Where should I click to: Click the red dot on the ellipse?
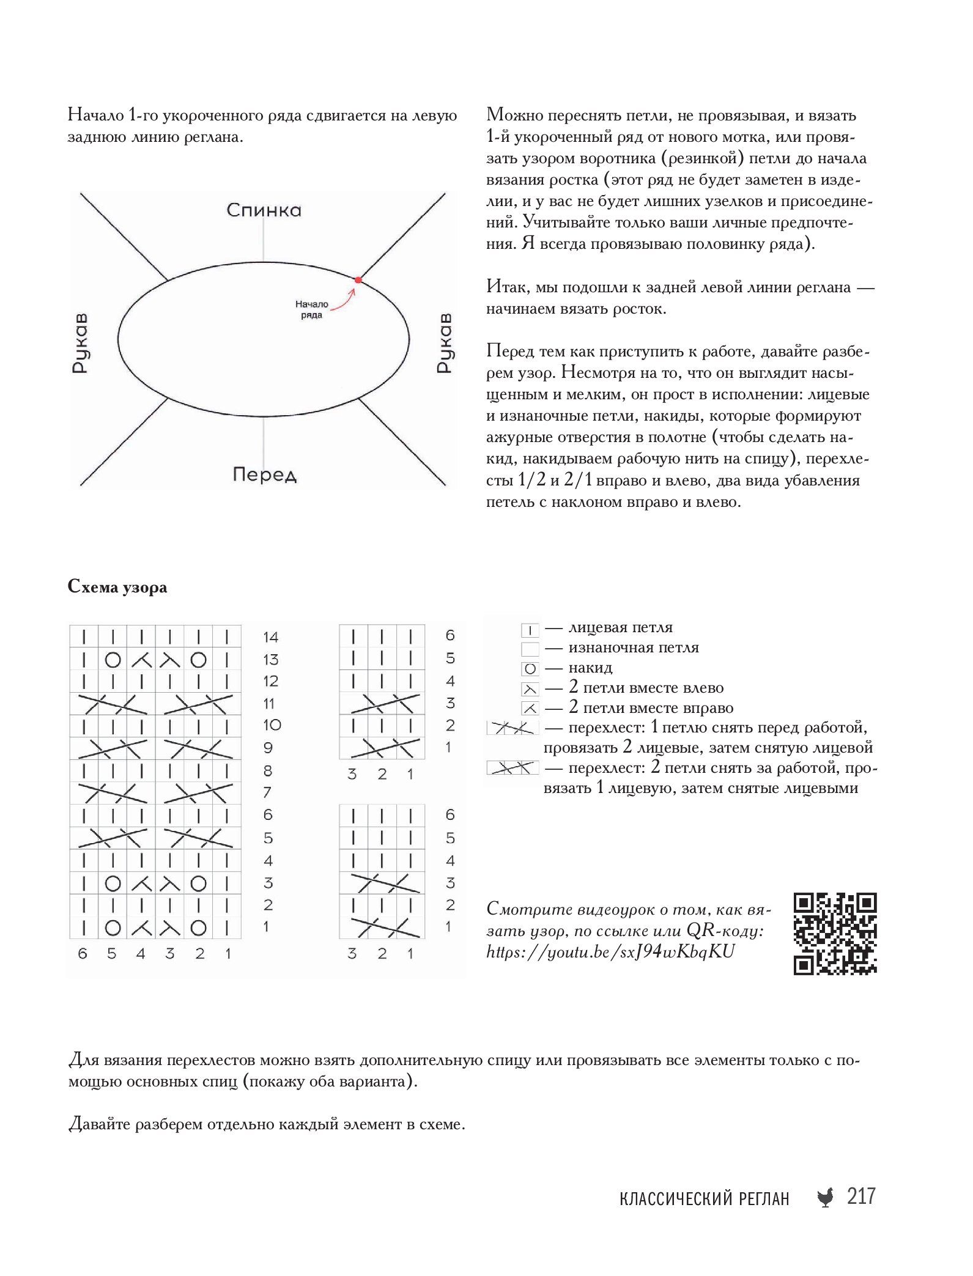(358, 280)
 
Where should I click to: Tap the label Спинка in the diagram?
(264, 210)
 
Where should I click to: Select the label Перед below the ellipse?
(264, 474)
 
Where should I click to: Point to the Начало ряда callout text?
(312, 309)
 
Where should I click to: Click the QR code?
(835, 933)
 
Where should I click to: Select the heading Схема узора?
(117, 587)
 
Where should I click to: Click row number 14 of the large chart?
(270, 637)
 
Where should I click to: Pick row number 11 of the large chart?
(269, 704)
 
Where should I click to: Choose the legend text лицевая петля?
(620, 627)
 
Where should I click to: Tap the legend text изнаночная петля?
(633, 647)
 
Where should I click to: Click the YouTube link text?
(610, 952)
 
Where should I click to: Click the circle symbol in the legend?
(530, 669)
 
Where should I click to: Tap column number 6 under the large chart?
(83, 953)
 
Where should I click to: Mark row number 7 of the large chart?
(267, 793)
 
